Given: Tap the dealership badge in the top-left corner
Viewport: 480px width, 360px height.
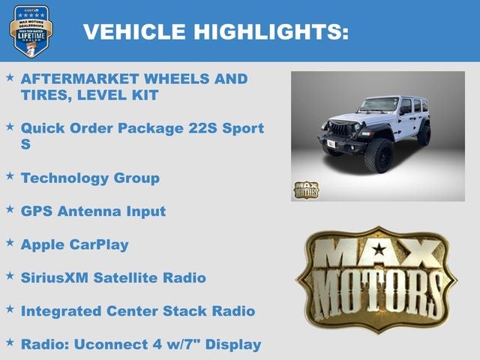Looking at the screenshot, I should [x=31, y=31].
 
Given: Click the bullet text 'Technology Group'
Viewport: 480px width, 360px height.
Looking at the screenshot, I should [x=90, y=178].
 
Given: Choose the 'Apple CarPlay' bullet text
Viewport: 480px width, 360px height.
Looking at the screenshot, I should [x=74, y=244].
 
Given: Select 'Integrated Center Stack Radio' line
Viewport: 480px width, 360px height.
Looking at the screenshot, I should [x=138, y=310].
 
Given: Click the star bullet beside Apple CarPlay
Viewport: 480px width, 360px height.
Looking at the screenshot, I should [x=10, y=243].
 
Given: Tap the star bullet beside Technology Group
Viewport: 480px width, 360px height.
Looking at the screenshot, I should [x=10, y=176].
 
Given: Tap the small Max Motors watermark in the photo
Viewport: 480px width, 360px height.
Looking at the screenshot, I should [x=305, y=190].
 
